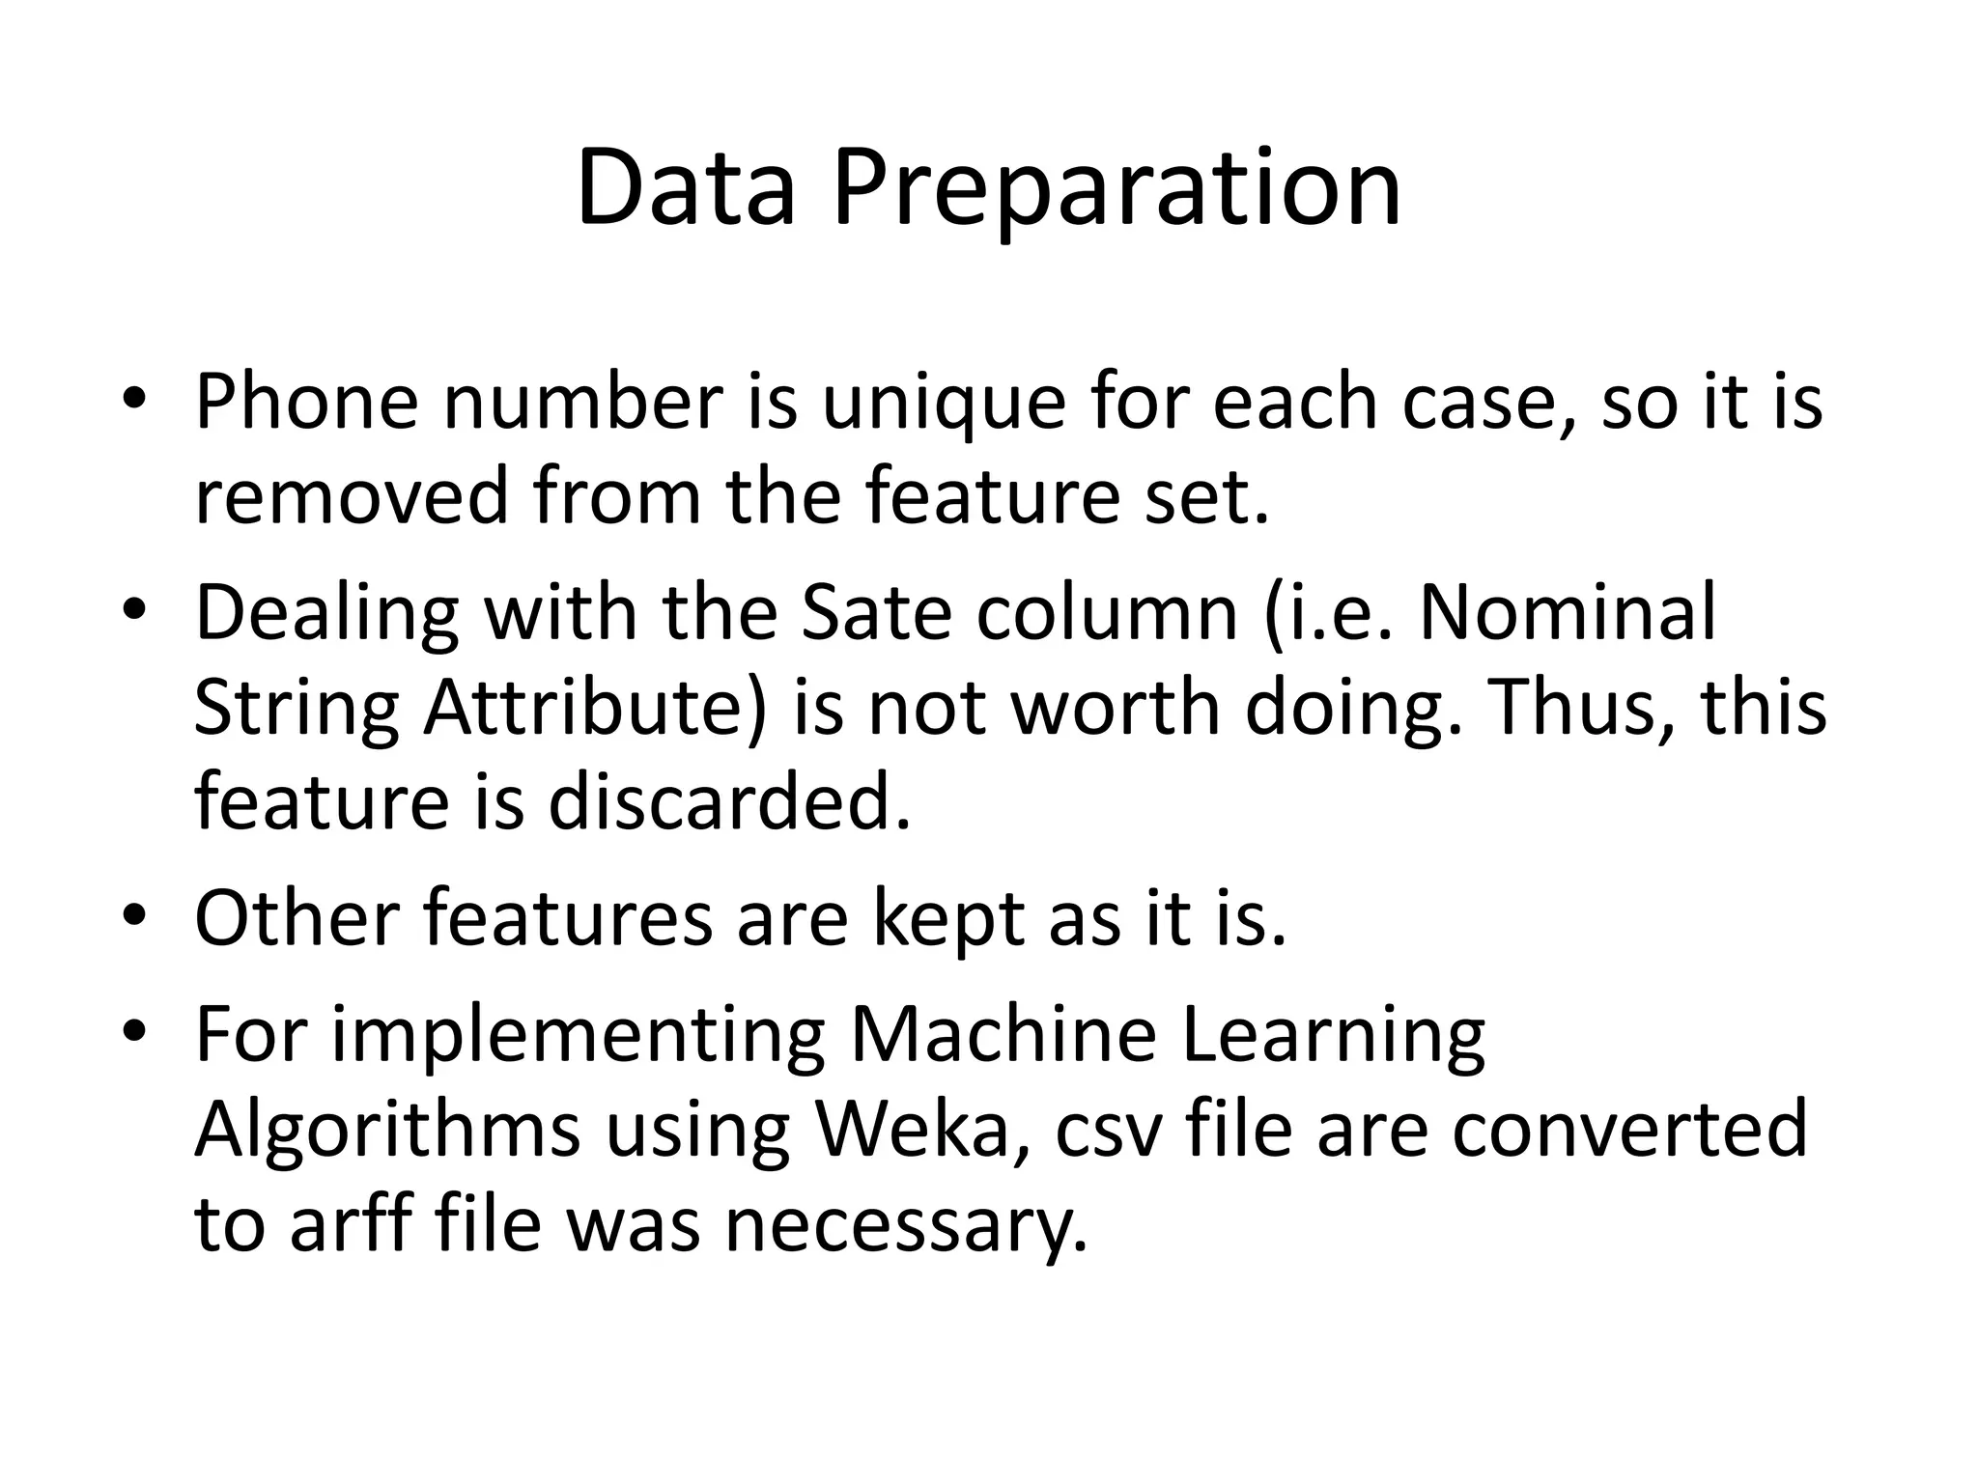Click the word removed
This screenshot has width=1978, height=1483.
coord(351,495)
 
